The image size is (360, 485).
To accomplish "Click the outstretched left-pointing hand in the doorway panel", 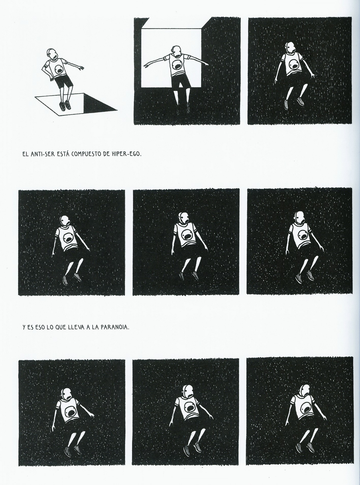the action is pyautogui.click(x=147, y=66).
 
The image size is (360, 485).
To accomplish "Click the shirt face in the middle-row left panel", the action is pyautogui.click(x=69, y=238).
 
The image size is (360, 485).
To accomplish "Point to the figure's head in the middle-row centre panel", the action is pyautogui.click(x=183, y=218).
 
